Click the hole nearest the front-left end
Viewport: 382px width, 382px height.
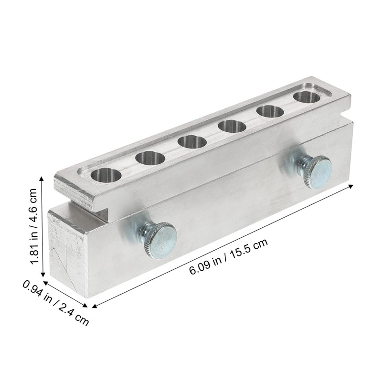click(106, 175)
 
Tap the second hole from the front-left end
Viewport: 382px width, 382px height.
click(150, 158)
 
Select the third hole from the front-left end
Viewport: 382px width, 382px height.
click(192, 142)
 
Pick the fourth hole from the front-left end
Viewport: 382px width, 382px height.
click(232, 127)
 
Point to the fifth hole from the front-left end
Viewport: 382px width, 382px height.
click(270, 112)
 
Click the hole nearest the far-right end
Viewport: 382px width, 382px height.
click(307, 97)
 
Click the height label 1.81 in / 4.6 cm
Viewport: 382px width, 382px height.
click(33, 226)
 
